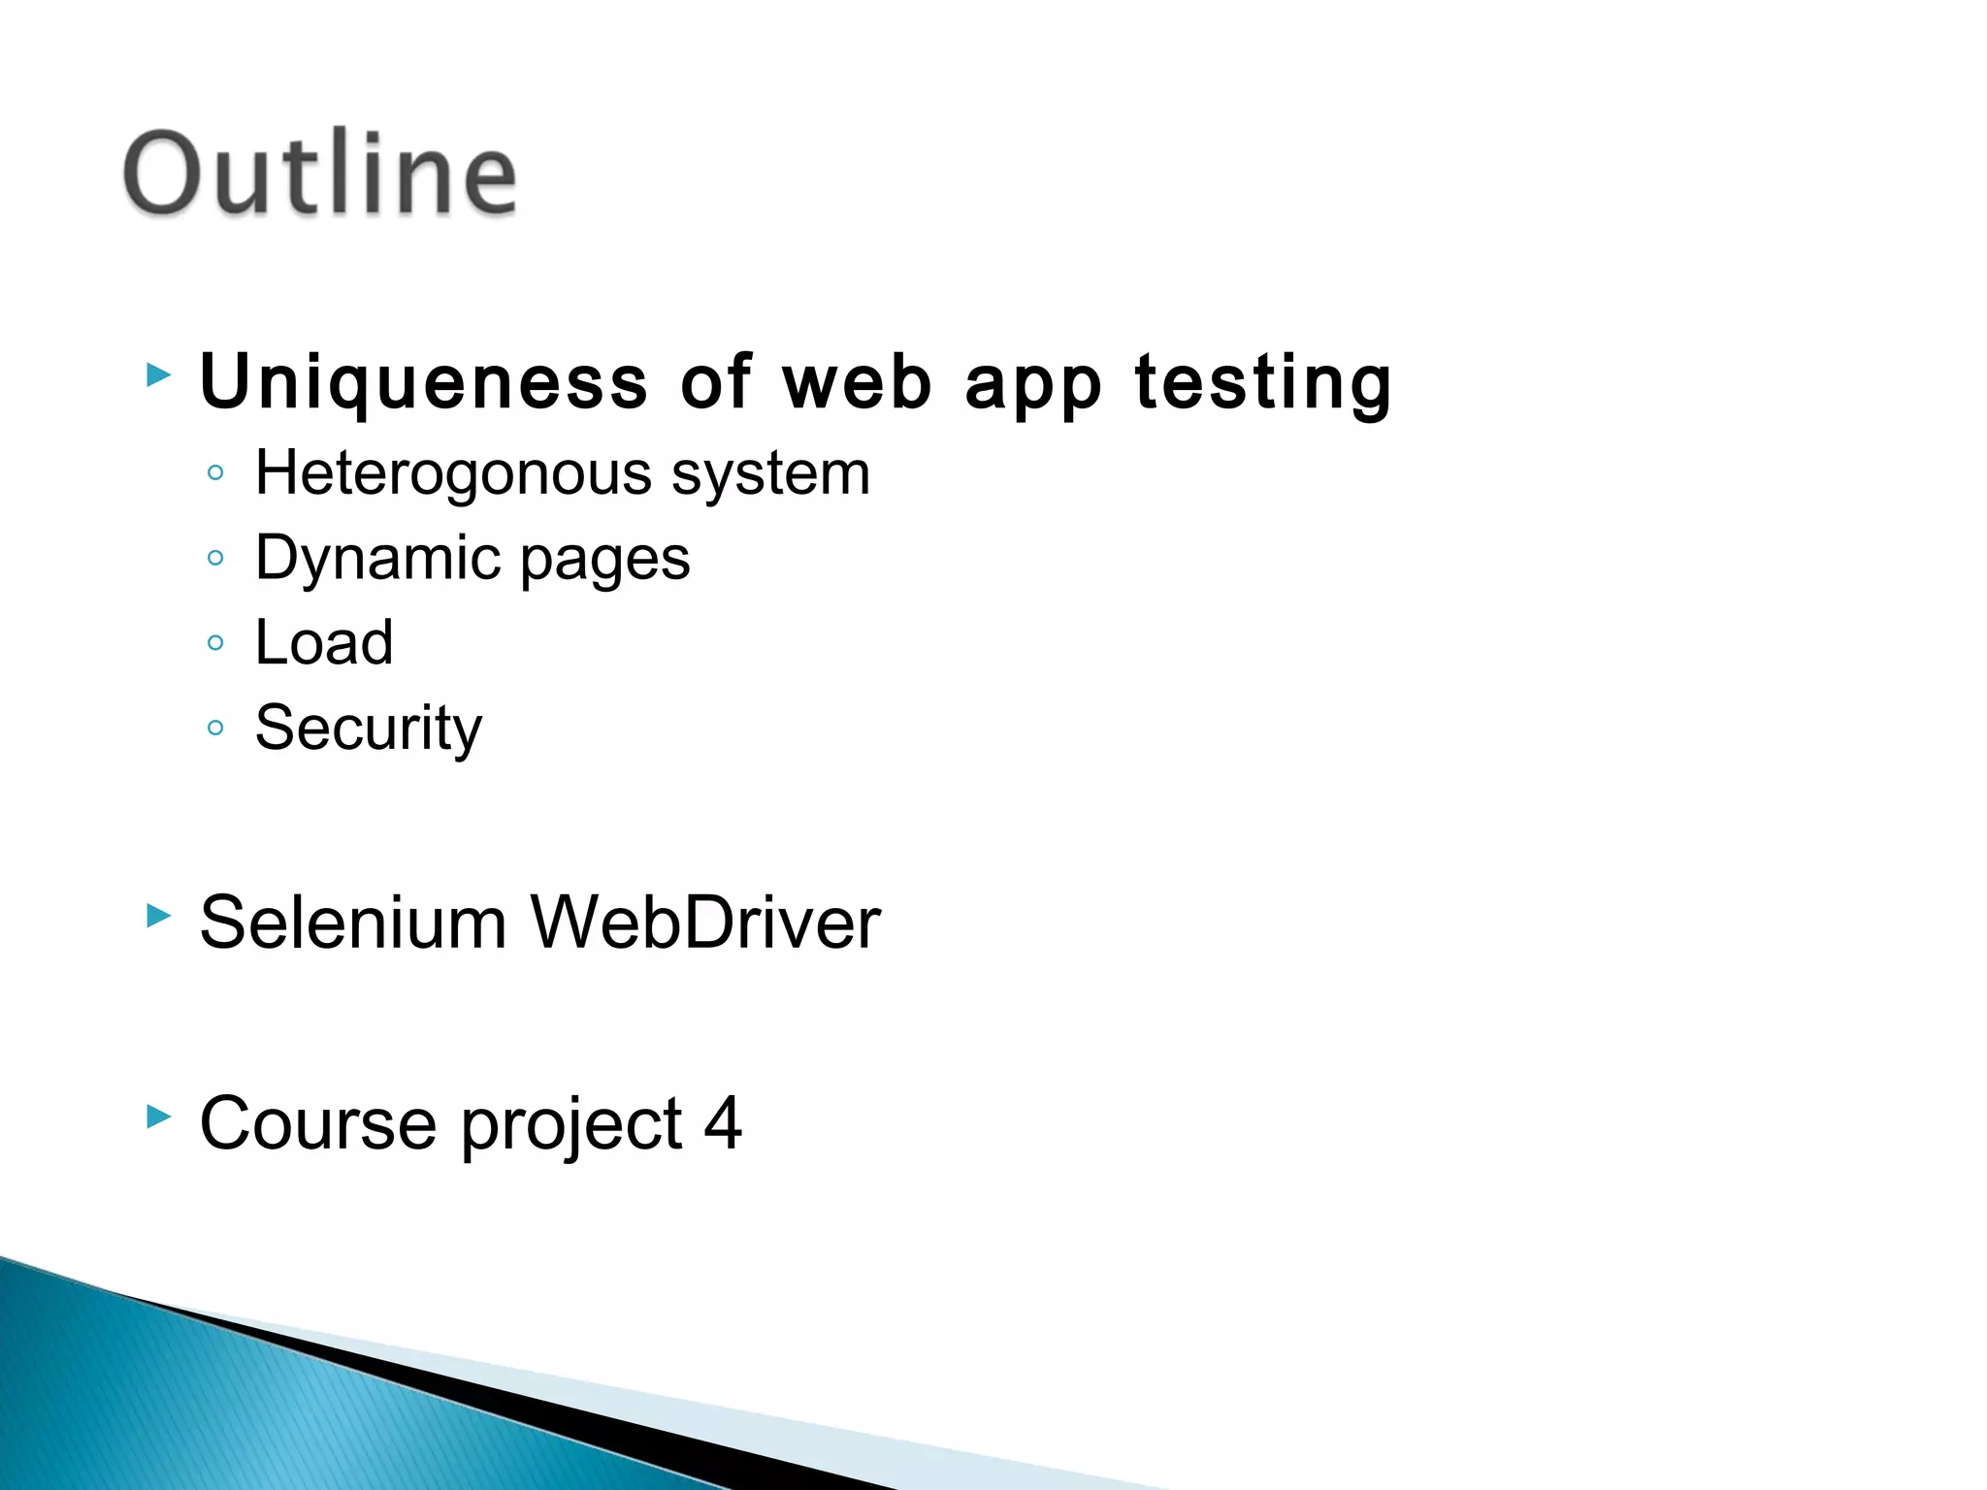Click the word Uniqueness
pyautogui.click(x=424, y=382)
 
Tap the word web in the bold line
pyautogui.click(x=858, y=382)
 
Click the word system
pyautogui.click(x=771, y=475)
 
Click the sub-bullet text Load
pyautogui.click(x=324, y=643)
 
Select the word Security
pyautogui.click(x=368, y=729)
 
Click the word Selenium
pyautogui.click(x=353, y=923)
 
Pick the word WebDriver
pyautogui.click(x=705, y=923)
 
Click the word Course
pyautogui.click(x=318, y=1124)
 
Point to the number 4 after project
pyautogui.click(x=724, y=1123)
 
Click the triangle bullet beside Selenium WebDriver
pyautogui.click(x=158, y=915)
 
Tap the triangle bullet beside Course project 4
pyautogui.click(x=158, y=1117)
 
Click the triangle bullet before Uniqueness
pyautogui.click(x=158, y=374)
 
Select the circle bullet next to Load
pyautogui.click(x=215, y=642)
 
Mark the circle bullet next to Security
pyautogui.click(x=215, y=728)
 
